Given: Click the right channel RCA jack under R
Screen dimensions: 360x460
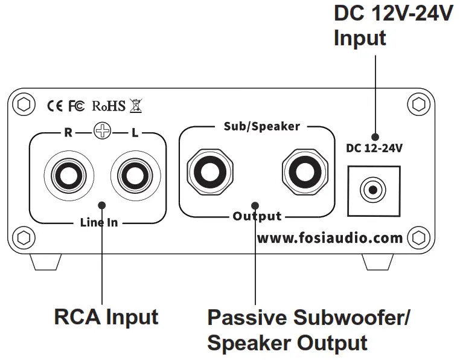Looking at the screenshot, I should click(66, 176).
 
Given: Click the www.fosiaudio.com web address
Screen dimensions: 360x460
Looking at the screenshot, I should click(330, 237).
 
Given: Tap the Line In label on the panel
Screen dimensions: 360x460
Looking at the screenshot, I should click(99, 222).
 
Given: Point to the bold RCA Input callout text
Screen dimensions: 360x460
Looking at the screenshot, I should click(106, 317).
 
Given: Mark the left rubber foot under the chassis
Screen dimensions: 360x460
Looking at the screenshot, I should click(45, 262).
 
